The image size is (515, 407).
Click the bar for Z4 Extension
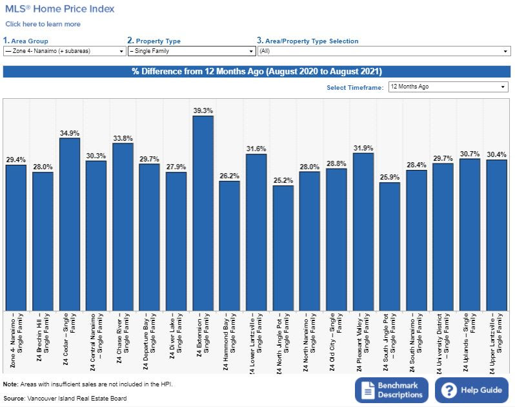203,213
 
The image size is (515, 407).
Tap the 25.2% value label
283,180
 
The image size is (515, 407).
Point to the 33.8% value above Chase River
123,137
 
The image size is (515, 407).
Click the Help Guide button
471,390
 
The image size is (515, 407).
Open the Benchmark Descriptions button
391,390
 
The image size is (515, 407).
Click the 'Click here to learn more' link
43,24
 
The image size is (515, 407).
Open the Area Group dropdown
65,51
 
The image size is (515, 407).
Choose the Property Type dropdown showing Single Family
192,51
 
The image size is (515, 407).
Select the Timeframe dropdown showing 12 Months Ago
448,87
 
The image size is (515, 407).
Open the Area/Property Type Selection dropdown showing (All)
384,51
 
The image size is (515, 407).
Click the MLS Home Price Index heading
60,9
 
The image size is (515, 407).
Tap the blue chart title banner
257,71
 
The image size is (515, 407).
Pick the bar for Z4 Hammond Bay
229,245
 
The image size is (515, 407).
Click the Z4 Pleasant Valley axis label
363,342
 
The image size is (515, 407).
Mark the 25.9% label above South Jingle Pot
389,177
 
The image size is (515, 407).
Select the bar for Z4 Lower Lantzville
256,232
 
